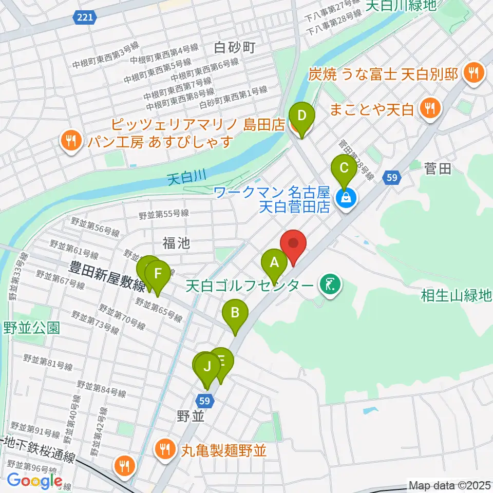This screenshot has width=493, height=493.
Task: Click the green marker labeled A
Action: pyautogui.click(x=274, y=263)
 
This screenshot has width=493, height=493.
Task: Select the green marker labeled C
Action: pyautogui.click(x=344, y=168)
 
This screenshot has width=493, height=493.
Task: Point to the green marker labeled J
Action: pyautogui.click(x=207, y=367)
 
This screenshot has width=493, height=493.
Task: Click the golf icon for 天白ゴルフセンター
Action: pyautogui.click(x=329, y=285)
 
